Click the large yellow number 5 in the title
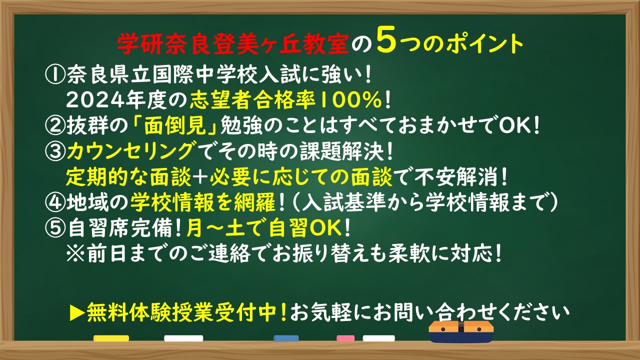[386, 39]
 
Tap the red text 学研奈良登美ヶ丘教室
[233, 43]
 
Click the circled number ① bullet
[55, 75]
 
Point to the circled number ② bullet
[55, 126]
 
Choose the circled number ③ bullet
[55, 151]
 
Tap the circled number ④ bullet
[55, 202]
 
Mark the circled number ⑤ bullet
[55, 227]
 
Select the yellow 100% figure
[351, 100]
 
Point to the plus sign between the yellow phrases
[201, 177]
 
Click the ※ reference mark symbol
[75, 253]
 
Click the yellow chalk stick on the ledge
[111, 338]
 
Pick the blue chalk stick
[286, 338]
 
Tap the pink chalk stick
[345, 338]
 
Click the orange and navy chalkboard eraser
[461, 331]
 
